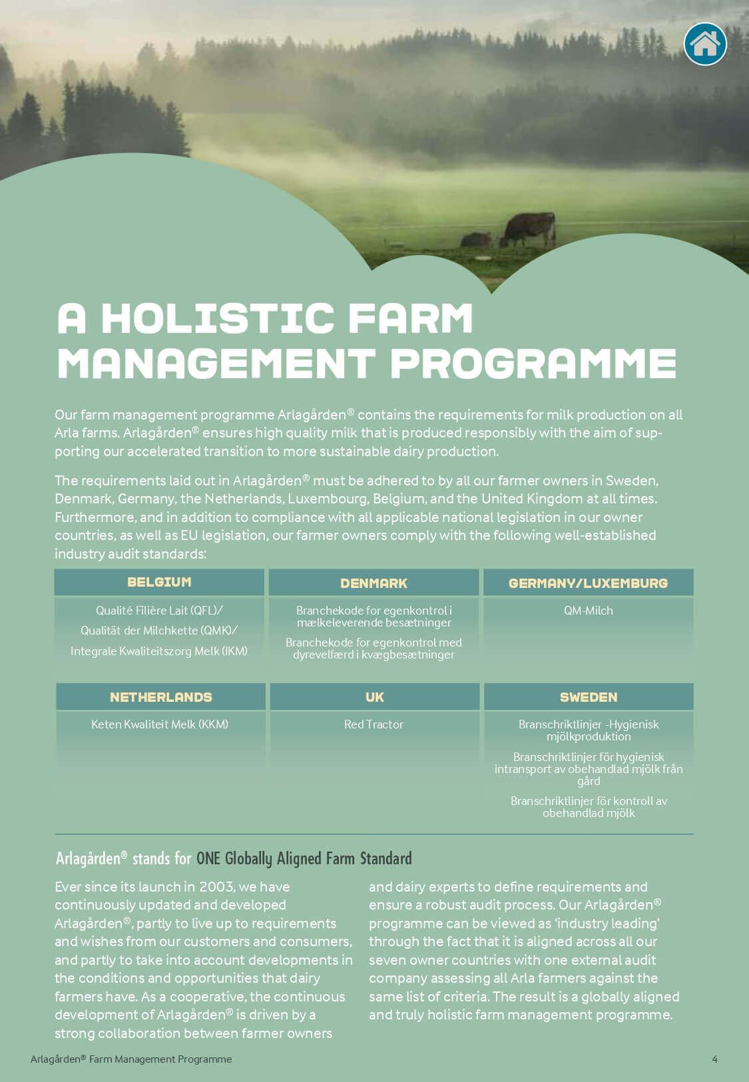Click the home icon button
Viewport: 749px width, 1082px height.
pyautogui.click(x=705, y=44)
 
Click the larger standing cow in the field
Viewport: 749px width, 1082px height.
pyautogui.click(x=529, y=228)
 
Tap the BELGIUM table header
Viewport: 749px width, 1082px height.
pyautogui.click(x=159, y=582)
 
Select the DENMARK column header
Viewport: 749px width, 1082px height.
pyautogui.click(x=374, y=583)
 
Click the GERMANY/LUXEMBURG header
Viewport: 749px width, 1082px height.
pyautogui.click(x=588, y=583)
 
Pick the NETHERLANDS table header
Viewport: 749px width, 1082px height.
pyautogui.click(x=160, y=697)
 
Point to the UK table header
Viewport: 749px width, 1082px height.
pyautogui.click(x=374, y=697)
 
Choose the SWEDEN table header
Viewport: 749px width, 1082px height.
pyautogui.click(x=589, y=697)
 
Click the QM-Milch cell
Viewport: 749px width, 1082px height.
pyautogui.click(x=588, y=611)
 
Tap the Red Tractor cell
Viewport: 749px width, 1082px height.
pyautogui.click(x=374, y=724)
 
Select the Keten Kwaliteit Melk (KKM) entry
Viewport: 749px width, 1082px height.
pyautogui.click(x=160, y=724)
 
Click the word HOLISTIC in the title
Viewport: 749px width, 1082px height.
pyautogui.click(x=218, y=318)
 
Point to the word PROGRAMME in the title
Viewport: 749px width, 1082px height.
pyautogui.click(x=533, y=364)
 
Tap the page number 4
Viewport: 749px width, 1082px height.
pyautogui.click(x=714, y=1059)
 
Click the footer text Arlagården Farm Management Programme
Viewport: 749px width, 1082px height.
pyautogui.click(x=131, y=1059)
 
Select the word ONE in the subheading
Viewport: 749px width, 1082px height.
pyautogui.click(x=208, y=858)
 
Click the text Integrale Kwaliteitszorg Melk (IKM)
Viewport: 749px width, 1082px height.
pyautogui.click(x=159, y=651)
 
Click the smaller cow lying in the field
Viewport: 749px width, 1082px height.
pyautogui.click(x=476, y=240)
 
